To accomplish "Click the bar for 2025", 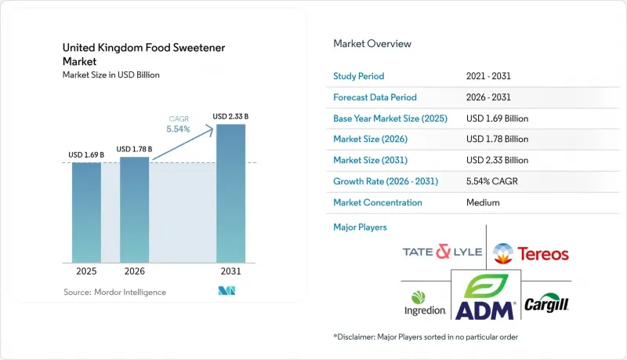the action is point(86,213).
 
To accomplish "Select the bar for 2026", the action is point(134,210).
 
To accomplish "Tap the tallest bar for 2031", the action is point(230,194).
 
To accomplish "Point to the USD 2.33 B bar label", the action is point(230,116).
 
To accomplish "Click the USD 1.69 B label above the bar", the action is point(86,155).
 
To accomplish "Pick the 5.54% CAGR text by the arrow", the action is point(179,129).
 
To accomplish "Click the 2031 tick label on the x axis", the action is point(230,271).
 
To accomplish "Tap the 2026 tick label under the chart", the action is point(134,271).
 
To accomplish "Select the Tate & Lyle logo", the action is point(442,252).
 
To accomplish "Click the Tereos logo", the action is point(531,253).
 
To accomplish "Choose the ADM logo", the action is point(485,296).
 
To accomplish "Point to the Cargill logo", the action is point(546,303).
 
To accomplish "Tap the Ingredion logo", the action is point(425,304).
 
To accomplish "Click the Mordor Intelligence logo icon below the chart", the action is point(227,291).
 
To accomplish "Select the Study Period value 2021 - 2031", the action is point(488,76).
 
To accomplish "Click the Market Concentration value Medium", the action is point(483,202).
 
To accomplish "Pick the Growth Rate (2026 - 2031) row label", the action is point(386,181).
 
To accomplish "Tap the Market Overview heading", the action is point(372,44).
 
